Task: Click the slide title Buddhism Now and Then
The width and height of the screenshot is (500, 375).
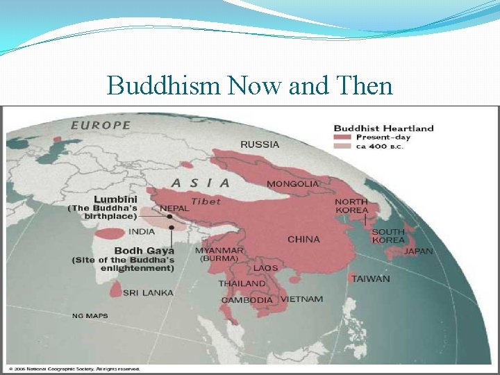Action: pyautogui.click(x=250, y=85)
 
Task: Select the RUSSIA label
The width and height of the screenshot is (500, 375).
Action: pyautogui.click(x=260, y=144)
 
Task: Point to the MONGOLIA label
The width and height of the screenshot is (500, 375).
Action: pyautogui.click(x=293, y=184)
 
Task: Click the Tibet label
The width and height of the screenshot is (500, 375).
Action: pyautogui.click(x=206, y=201)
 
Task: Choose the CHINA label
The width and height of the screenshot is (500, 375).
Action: pyautogui.click(x=303, y=240)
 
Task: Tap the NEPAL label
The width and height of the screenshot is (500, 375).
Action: pyautogui.click(x=174, y=208)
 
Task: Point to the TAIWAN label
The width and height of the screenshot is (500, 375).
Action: pyautogui.click(x=370, y=279)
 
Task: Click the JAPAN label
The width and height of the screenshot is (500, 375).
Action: pyautogui.click(x=418, y=251)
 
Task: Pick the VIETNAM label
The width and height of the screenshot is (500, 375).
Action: pyautogui.click(x=301, y=299)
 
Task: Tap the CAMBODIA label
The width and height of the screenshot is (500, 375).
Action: pyautogui.click(x=247, y=300)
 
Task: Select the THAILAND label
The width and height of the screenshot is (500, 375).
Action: pyautogui.click(x=242, y=283)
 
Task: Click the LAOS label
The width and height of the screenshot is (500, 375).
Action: pyautogui.click(x=265, y=267)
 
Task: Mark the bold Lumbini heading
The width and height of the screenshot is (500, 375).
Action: pyautogui.click(x=115, y=199)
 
